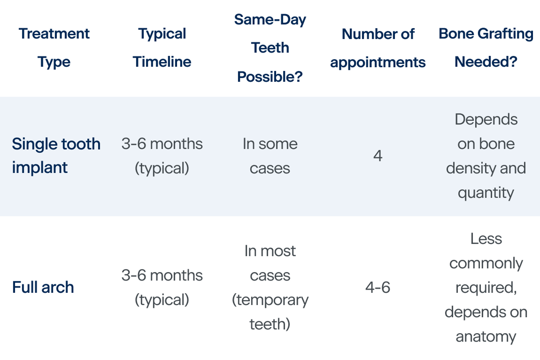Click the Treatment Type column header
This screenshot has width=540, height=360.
(54, 47)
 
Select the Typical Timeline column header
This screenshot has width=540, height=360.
(162, 47)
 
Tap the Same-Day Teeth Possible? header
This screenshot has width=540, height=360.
(270, 47)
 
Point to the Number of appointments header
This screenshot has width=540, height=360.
(378, 47)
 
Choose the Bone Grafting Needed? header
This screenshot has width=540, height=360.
(486, 47)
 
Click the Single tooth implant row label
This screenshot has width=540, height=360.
(56, 156)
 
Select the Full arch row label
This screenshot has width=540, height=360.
(43, 287)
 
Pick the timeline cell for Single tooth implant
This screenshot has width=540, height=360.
(162, 156)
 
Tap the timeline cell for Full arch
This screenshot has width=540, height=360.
(162, 287)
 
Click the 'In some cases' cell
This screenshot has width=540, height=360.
(270, 156)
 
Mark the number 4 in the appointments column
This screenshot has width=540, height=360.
(378, 156)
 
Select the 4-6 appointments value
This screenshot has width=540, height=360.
(378, 287)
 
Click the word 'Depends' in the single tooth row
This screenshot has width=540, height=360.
(486, 119)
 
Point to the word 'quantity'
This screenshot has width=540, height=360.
(486, 193)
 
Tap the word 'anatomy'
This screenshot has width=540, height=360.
(486, 337)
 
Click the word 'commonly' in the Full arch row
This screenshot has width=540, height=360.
(486, 263)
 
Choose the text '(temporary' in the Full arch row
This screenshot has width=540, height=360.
(270, 300)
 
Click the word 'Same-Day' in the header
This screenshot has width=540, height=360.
(270, 20)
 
